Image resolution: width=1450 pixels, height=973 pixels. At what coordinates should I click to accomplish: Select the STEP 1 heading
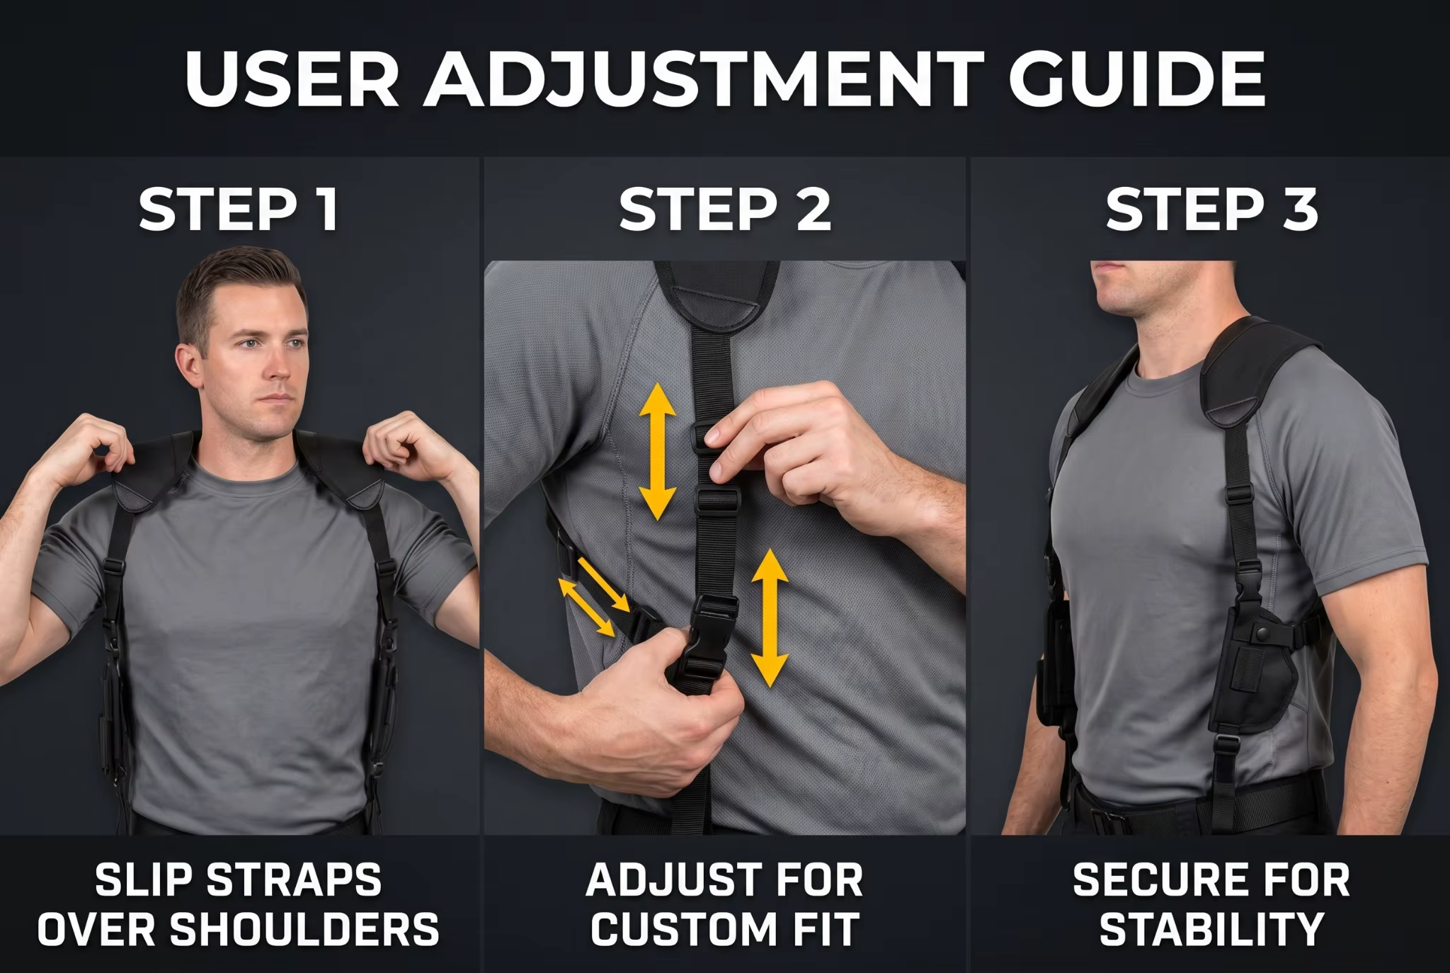click(239, 209)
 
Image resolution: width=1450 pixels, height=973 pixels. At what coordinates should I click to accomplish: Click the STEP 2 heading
click(725, 209)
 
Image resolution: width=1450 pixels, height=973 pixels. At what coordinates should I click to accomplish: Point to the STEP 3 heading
click(1211, 209)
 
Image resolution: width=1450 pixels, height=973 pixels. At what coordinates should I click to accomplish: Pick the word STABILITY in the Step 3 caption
click(1211, 929)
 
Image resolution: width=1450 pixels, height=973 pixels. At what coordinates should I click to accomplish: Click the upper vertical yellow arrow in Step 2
click(658, 452)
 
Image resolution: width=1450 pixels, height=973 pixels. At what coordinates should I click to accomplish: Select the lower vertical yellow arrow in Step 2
click(770, 619)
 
